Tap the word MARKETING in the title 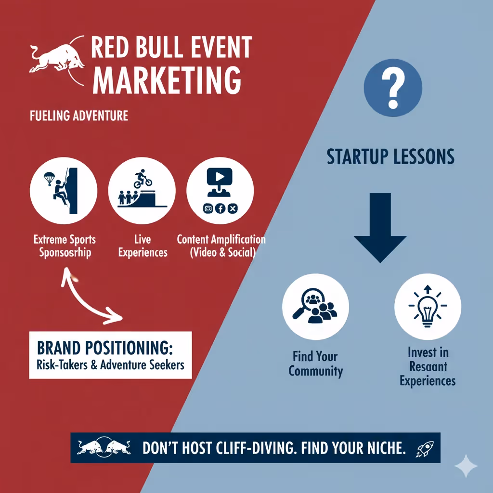click(167, 80)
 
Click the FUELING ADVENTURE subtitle click(79, 116)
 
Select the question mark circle click(393, 89)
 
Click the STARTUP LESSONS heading click(390, 157)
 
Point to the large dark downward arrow click(380, 226)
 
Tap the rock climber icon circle click(63, 189)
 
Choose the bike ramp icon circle click(142, 189)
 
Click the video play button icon click(220, 177)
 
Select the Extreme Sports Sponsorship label click(65, 246)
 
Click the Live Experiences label click(143, 246)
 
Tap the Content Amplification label click(221, 246)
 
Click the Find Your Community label click(315, 364)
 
